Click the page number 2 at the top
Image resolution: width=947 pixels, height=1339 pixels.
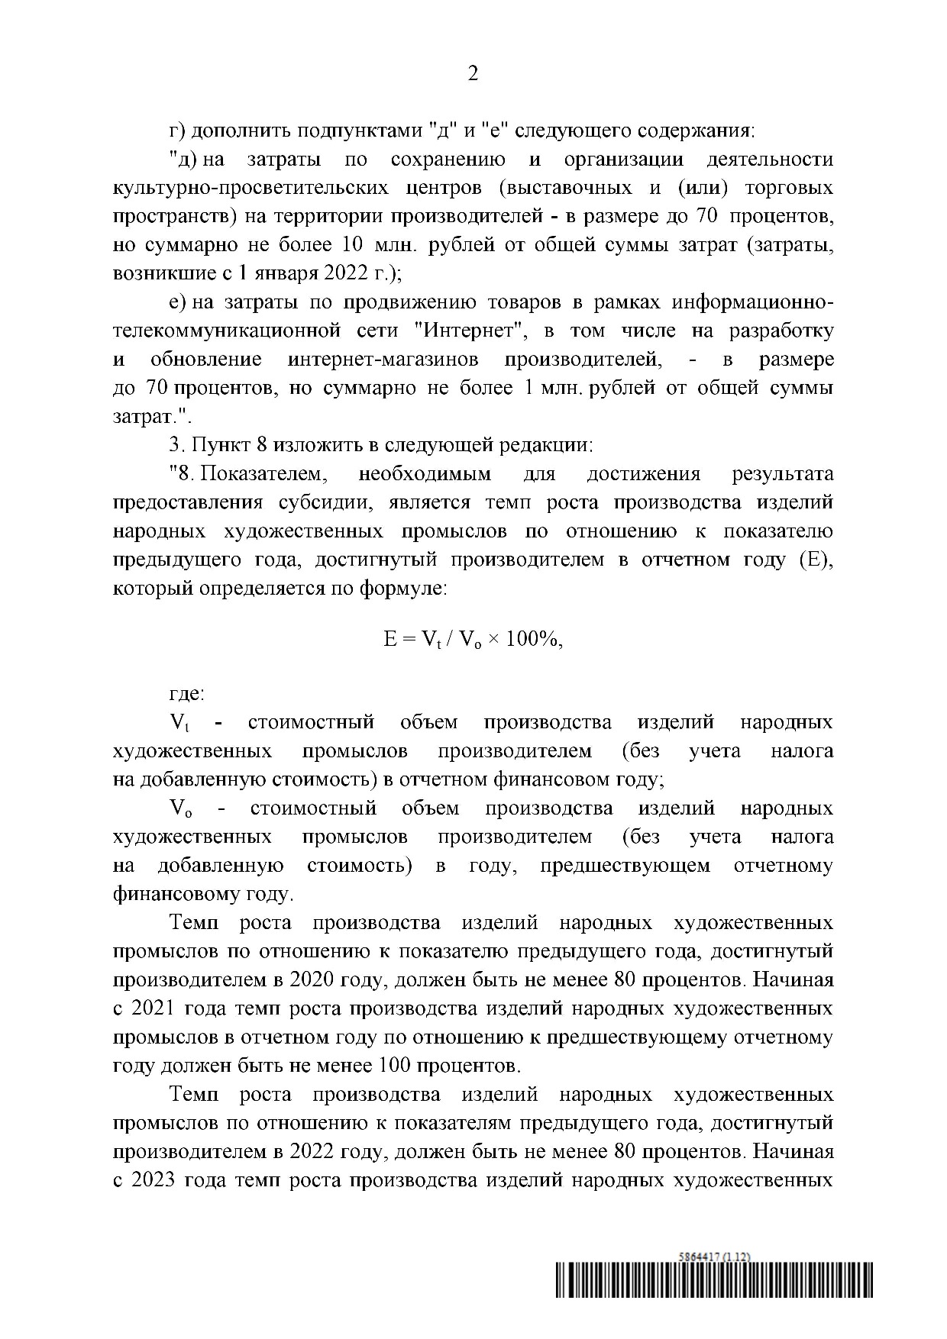(473, 74)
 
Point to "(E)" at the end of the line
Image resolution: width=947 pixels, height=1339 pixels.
(816, 560)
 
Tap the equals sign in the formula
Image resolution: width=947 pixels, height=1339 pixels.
(409, 639)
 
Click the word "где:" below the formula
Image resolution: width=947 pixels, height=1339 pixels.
(187, 694)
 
